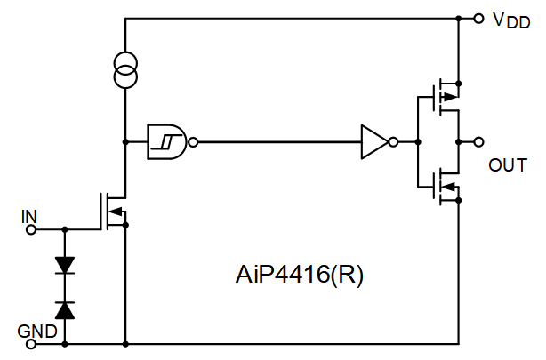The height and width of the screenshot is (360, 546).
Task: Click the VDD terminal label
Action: tap(512, 20)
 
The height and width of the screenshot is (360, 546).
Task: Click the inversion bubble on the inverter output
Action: tap(394, 141)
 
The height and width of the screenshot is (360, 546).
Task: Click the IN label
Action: tap(28, 215)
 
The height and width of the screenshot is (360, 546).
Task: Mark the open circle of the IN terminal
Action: tap(32, 229)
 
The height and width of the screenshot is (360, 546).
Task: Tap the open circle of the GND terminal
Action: tap(32, 342)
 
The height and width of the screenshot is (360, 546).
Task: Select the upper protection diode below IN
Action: tap(64, 265)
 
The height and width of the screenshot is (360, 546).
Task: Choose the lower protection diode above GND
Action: tap(64, 308)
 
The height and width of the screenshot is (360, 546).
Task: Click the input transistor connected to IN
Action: tap(114, 211)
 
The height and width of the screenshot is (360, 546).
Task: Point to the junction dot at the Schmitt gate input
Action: tap(125, 140)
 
